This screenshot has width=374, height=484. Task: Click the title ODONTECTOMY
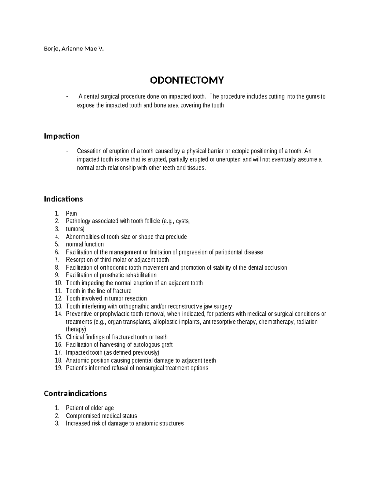(187, 80)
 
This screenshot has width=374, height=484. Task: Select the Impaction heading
(62, 136)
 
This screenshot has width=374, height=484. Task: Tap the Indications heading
(63, 199)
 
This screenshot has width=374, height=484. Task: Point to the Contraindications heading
(75, 393)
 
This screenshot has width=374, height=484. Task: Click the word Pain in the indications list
(71, 213)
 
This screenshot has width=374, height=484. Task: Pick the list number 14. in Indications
(59, 314)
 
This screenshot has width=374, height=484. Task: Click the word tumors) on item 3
(75, 229)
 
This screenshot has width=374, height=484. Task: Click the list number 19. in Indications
(59, 368)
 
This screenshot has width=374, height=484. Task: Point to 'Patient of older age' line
(90, 408)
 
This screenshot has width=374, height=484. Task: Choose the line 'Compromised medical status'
(101, 416)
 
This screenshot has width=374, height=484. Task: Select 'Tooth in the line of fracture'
(98, 291)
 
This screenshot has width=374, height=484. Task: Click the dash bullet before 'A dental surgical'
(67, 97)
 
